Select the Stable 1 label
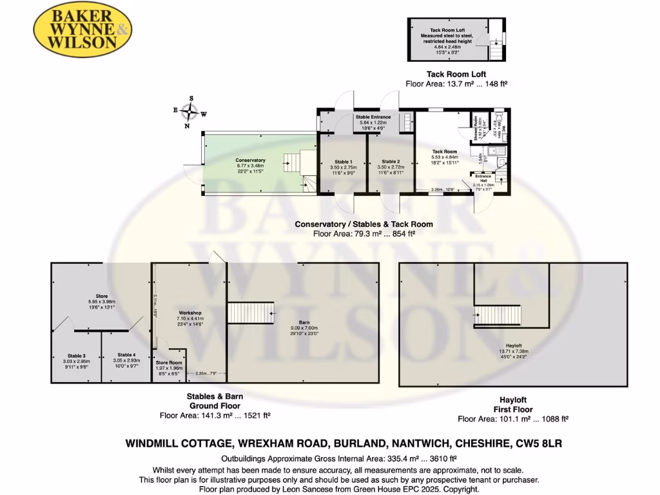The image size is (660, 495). (343, 161)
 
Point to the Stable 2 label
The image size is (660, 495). (391, 161)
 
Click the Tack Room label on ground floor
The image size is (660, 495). (444, 151)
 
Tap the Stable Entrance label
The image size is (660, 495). (374, 117)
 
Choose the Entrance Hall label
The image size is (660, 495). (483, 177)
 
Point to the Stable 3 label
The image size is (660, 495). (76, 356)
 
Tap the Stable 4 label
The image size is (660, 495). (126, 355)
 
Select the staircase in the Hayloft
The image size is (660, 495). (498, 315)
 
